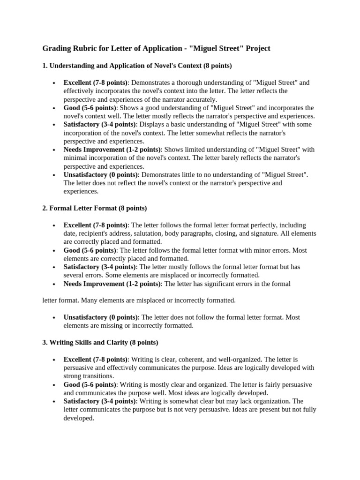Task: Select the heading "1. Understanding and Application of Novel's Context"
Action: click(130, 65)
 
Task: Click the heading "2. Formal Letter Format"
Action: click(95, 208)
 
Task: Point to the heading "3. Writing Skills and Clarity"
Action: click(100, 342)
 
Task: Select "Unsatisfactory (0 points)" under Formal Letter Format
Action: click(100, 317)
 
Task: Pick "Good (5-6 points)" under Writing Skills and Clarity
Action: click(90, 384)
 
